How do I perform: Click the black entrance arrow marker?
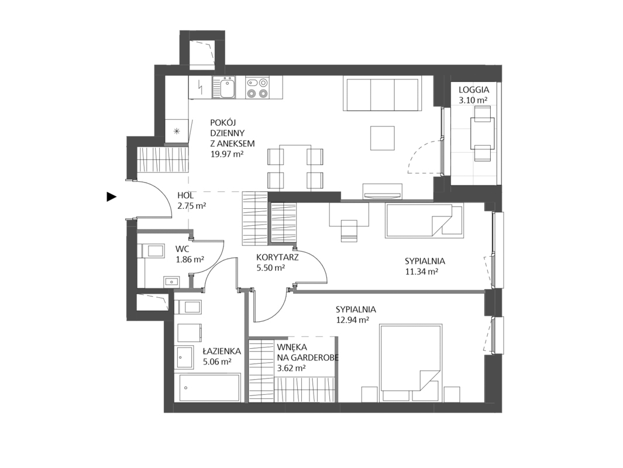pos(111,197)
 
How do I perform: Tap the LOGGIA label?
pos(474,90)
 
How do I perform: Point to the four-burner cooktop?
pos(257,88)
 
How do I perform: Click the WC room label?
pos(183,249)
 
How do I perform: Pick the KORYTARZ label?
pos(278,257)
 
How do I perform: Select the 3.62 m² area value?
pos(291,368)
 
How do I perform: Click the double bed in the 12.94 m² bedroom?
pos(410,357)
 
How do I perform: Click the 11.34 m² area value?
pos(421,271)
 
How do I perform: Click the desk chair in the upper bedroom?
pos(349,230)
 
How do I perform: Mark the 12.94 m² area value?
pos(352,320)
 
